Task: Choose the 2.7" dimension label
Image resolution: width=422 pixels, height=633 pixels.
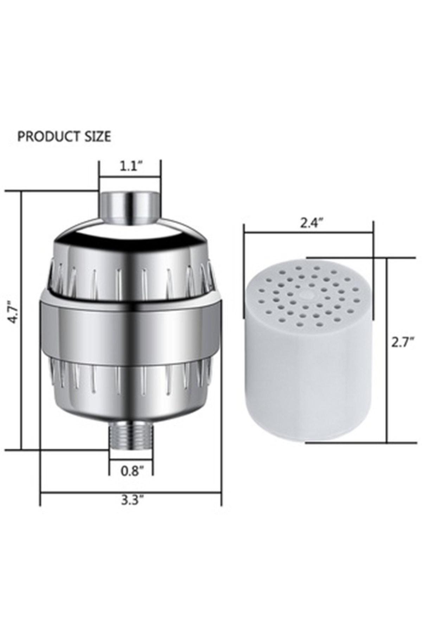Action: click(x=403, y=342)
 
